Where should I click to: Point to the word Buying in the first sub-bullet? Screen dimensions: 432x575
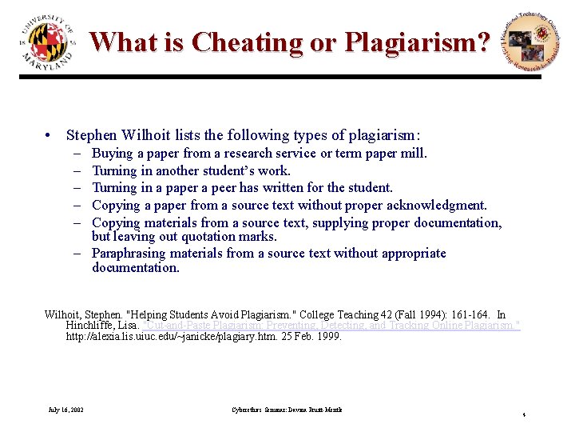pyautogui.click(x=112, y=154)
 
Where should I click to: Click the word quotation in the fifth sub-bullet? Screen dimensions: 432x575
pyautogui.click(x=216, y=237)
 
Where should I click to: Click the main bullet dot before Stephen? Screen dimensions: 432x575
pyautogui.click(x=50, y=136)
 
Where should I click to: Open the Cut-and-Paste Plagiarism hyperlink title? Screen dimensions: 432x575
pyautogui.click(x=331, y=326)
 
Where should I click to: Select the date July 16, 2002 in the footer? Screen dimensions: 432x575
pyautogui.click(x=65, y=410)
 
